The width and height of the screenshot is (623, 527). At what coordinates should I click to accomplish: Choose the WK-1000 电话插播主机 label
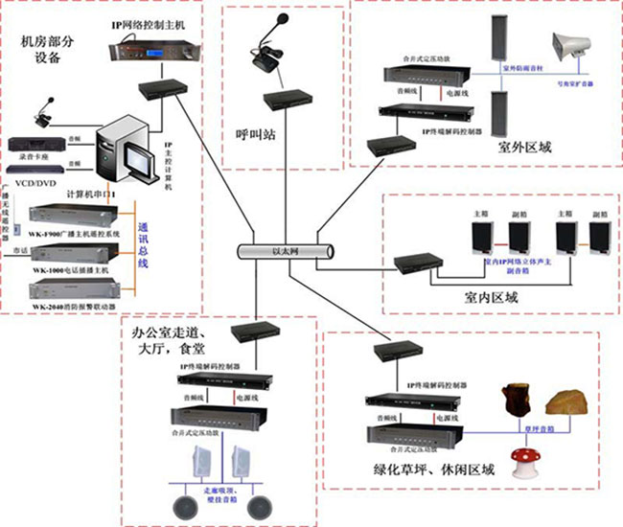click(72, 271)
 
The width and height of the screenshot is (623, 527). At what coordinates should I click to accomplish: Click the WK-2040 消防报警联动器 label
click(72, 307)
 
